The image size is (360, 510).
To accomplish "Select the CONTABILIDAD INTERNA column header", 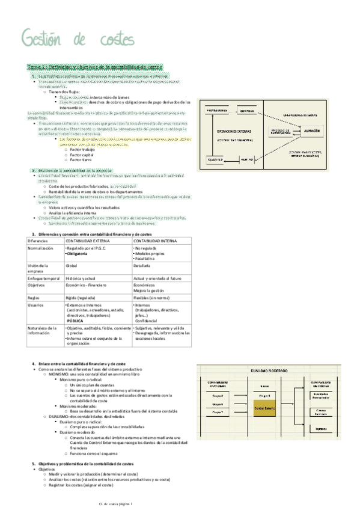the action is (155, 241).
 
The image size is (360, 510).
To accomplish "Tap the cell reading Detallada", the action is (142, 265).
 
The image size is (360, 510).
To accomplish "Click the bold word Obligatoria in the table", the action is (79, 254).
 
